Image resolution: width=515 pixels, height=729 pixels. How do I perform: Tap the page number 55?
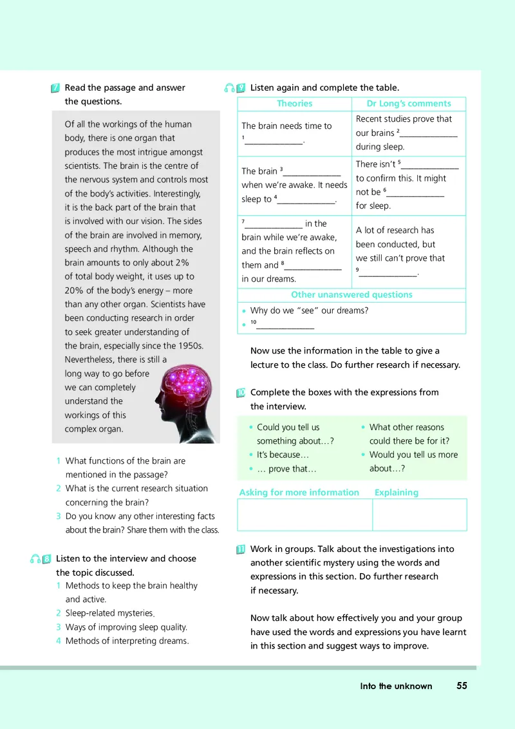pos(462,686)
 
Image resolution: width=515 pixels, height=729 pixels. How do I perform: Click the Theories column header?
pos(294,104)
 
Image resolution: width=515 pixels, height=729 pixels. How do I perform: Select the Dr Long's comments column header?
pos(409,104)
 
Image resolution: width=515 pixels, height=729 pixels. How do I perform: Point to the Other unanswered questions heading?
pos(351,295)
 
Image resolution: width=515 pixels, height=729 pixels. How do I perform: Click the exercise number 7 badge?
pos(55,88)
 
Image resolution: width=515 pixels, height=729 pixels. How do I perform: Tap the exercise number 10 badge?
pos(240,393)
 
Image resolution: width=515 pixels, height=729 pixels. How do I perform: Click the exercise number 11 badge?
pos(240,549)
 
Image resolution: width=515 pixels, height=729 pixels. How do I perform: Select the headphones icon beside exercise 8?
pos(35,559)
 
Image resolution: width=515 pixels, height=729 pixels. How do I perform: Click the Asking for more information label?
pos(299,493)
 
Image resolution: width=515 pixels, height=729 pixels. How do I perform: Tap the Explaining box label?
pos(396,493)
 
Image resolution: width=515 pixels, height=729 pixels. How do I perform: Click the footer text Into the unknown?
pos(396,686)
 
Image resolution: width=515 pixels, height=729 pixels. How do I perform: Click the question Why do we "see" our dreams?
pos(308,310)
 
